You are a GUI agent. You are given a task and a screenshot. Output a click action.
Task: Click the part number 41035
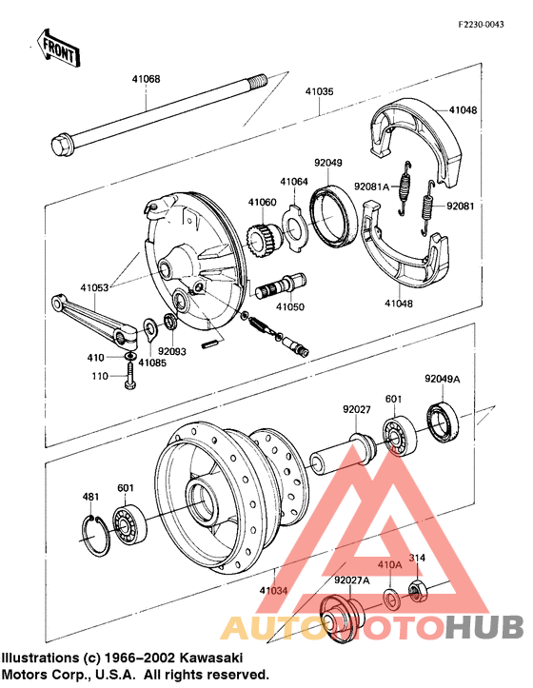click(319, 92)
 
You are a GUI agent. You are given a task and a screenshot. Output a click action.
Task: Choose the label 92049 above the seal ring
click(328, 163)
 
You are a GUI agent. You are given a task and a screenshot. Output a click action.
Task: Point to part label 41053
click(94, 286)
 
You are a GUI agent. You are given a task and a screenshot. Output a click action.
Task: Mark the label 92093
click(170, 351)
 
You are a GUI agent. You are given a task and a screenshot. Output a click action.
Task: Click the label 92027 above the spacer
click(358, 411)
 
